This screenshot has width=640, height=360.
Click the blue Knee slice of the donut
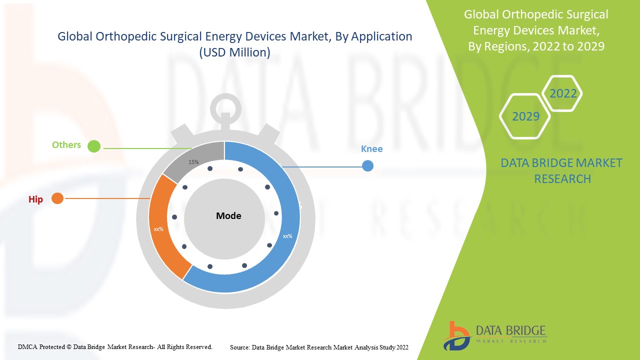(280, 260)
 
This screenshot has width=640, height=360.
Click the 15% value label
(193, 162)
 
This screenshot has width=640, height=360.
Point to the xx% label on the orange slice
(159, 229)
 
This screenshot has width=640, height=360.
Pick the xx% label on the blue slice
(287, 236)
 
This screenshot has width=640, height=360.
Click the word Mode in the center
(228, 216)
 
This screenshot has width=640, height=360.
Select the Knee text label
(371, 149)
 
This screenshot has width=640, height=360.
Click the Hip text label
(35, 199)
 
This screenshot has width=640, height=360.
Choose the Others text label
(66, 145)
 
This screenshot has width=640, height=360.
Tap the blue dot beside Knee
(367, 165)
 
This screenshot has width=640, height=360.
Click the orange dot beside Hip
(57, 198)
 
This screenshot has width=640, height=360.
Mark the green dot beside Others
(94, 146)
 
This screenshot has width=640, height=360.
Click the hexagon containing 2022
(563, 93)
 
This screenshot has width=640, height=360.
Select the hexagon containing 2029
(525, 116)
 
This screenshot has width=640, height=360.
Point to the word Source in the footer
(239, 347)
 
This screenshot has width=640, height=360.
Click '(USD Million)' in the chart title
(234, 52)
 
